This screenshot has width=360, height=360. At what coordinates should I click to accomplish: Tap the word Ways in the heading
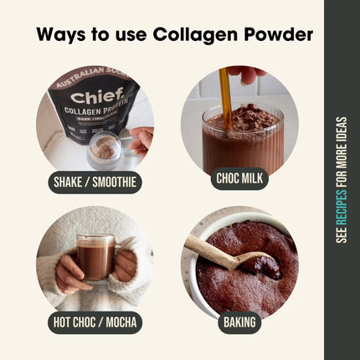(62, 34)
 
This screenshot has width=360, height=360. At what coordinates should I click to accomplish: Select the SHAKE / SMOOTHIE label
(94, 183)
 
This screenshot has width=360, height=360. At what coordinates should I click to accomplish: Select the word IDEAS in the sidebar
(342, 131)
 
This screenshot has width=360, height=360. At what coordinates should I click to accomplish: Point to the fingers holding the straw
(248, 75)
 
